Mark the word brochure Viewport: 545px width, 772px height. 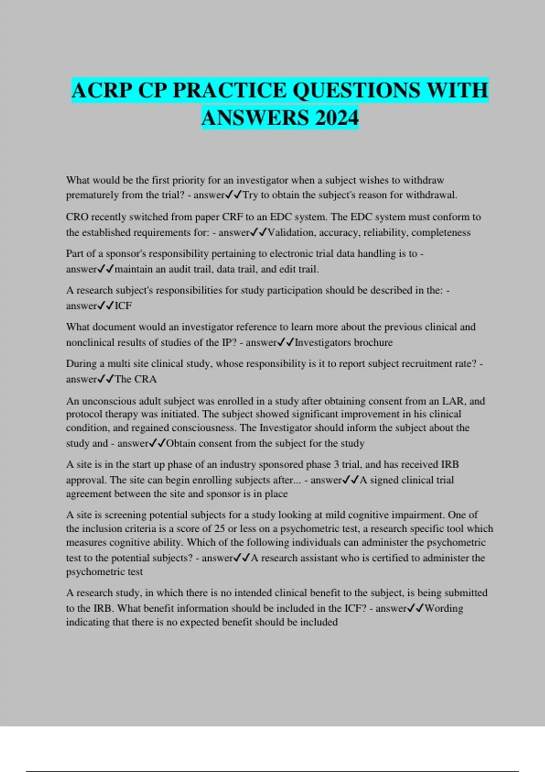point(373,342)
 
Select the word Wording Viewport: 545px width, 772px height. point(444,609)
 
